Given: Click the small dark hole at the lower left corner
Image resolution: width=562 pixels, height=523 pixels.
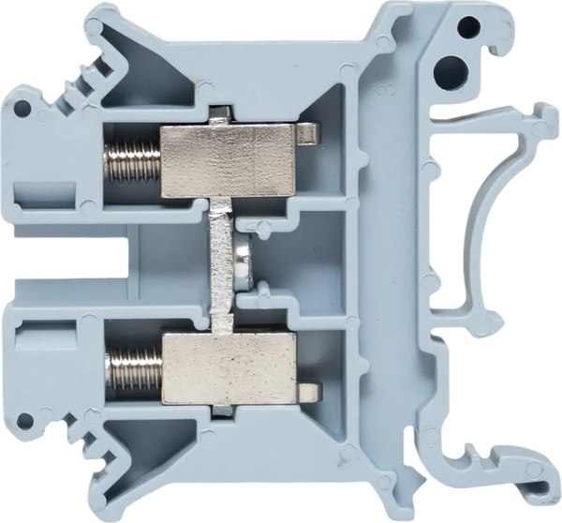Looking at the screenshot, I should point(20,419).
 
